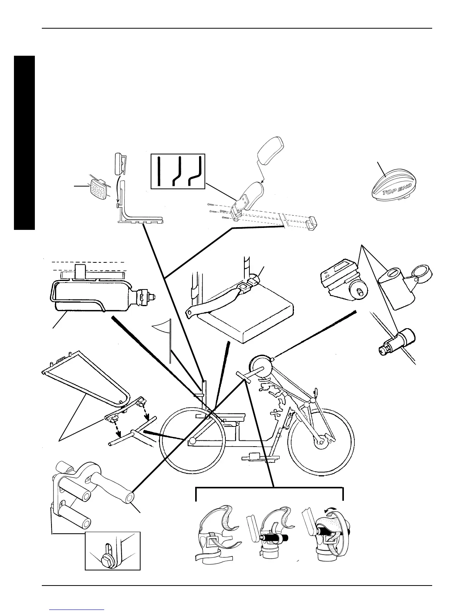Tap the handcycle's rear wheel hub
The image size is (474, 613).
click(x=192, y=441)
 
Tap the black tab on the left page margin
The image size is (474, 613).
click(x=24, y=143)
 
